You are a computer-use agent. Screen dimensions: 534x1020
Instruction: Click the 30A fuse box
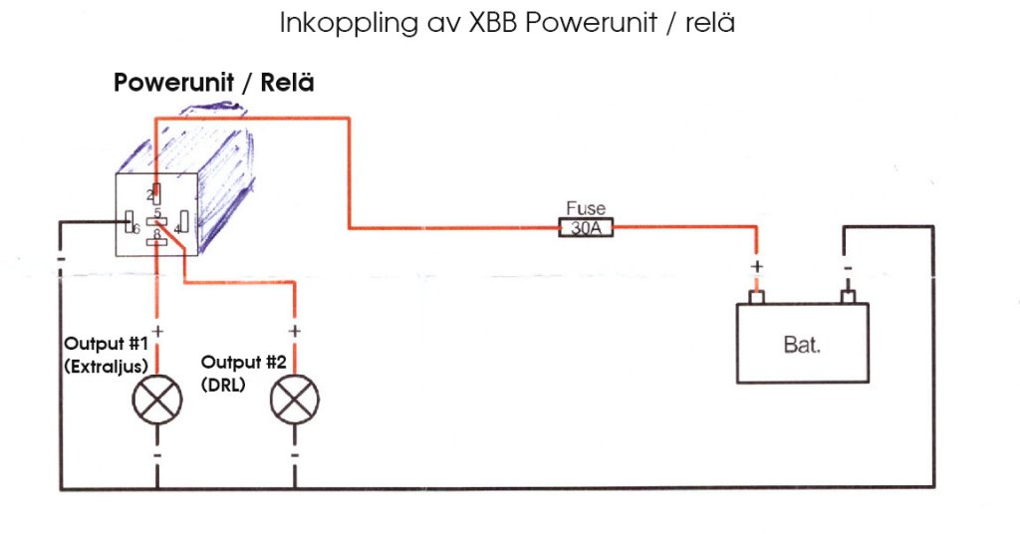pos(586,228)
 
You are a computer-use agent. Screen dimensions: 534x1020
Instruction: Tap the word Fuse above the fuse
pos(586,209)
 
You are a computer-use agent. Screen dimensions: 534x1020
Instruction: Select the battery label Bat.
pos(802,347)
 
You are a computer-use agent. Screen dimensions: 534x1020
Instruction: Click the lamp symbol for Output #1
pos(157,400)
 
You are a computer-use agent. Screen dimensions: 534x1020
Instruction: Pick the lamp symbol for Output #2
pos(295,400)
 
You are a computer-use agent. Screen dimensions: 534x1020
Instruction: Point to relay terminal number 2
pos(154,194)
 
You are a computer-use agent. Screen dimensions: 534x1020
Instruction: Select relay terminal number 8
pos(155,239)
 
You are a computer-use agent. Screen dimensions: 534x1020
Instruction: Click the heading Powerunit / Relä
pos(214,83)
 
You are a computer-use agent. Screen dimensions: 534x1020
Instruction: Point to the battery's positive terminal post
pos(756,297)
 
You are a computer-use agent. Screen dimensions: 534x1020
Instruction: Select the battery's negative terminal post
pos(847,297)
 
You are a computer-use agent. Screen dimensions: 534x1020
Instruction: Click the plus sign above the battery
pos(756,267)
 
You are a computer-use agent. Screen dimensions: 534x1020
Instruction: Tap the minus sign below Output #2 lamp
pos(295,454)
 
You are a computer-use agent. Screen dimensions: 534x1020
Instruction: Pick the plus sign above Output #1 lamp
pos(157,331)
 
